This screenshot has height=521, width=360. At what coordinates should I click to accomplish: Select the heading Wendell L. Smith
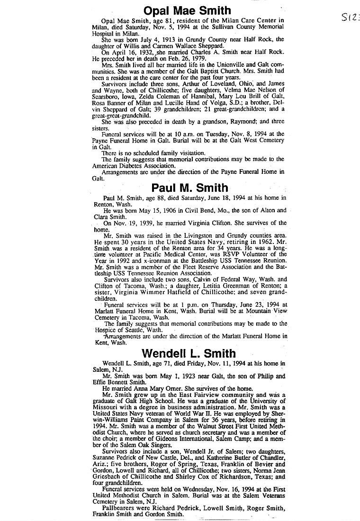(x=189, y=353)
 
